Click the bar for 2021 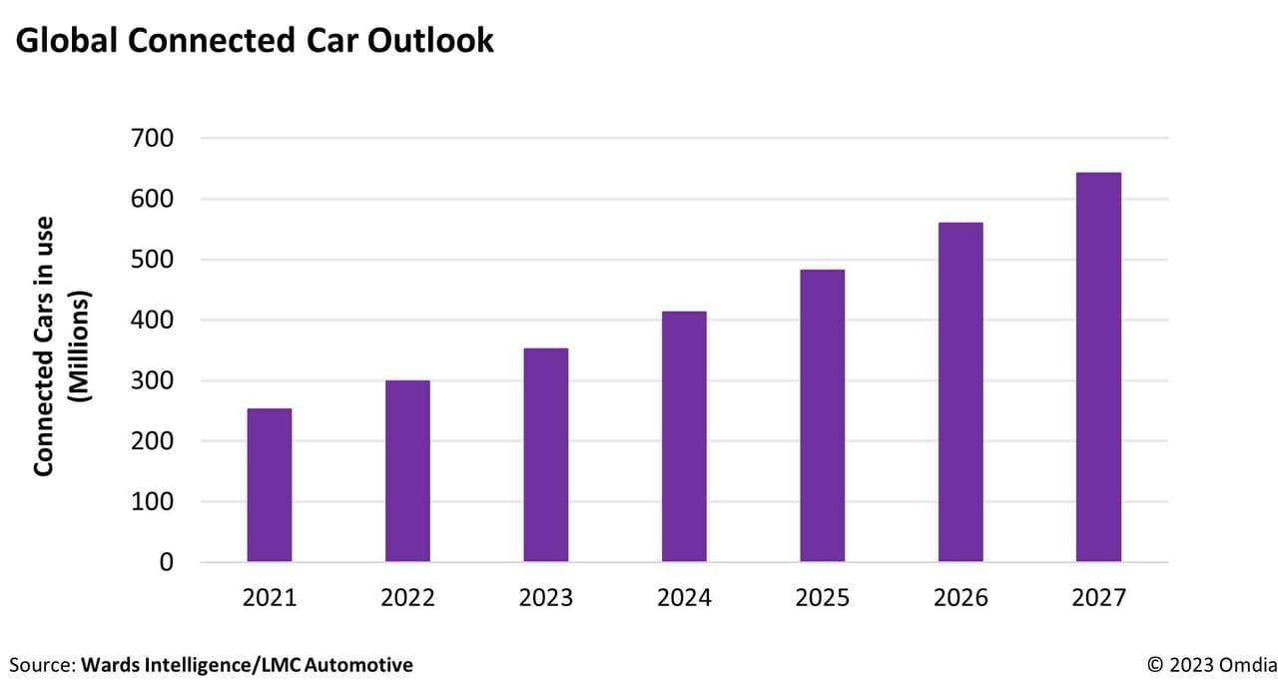click(x=270, y=485)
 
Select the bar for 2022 click(x=407, y=471)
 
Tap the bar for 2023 click(x=546, y=455)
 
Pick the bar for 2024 click(x=684, y=436)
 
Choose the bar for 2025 click(x=822, y=415)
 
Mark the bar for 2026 click(x=960, y=392)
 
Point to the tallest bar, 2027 click(x=1098, y=367)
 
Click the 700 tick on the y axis click(x=152, y=139)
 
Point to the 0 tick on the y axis click(x=166, y=563)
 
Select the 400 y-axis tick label click(x=152, y=321)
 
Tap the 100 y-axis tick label click(x=152, y=502)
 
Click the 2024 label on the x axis click(x=684, y=598)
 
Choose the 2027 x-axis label click(x=1098, y=598)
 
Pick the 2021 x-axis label click(x=270, y=598)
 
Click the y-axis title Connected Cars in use click(x=45, y=345)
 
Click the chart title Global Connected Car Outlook click(x=255, y=40)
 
